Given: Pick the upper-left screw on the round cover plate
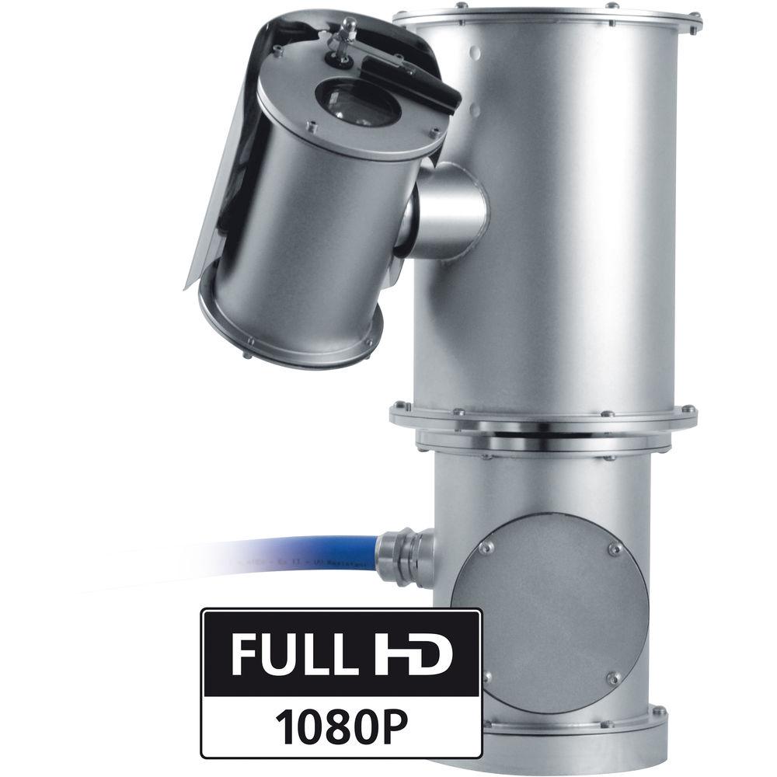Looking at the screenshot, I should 486,549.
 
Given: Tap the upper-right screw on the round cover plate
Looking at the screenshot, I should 615,550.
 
